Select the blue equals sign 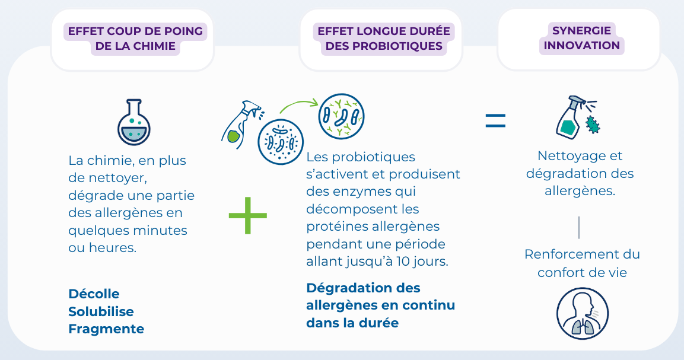tap(495, 120)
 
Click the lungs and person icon tap(582, 313)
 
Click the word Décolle tap(94, 294)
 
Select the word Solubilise tap(101, 311)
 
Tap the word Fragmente tap(106, 329)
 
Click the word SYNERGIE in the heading tap(581, 30)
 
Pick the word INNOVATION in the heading tap(581, 45)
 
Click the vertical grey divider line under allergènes tap(578, 227)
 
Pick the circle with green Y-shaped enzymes tap(342, 116)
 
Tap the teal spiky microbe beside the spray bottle tap(593, 125)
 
